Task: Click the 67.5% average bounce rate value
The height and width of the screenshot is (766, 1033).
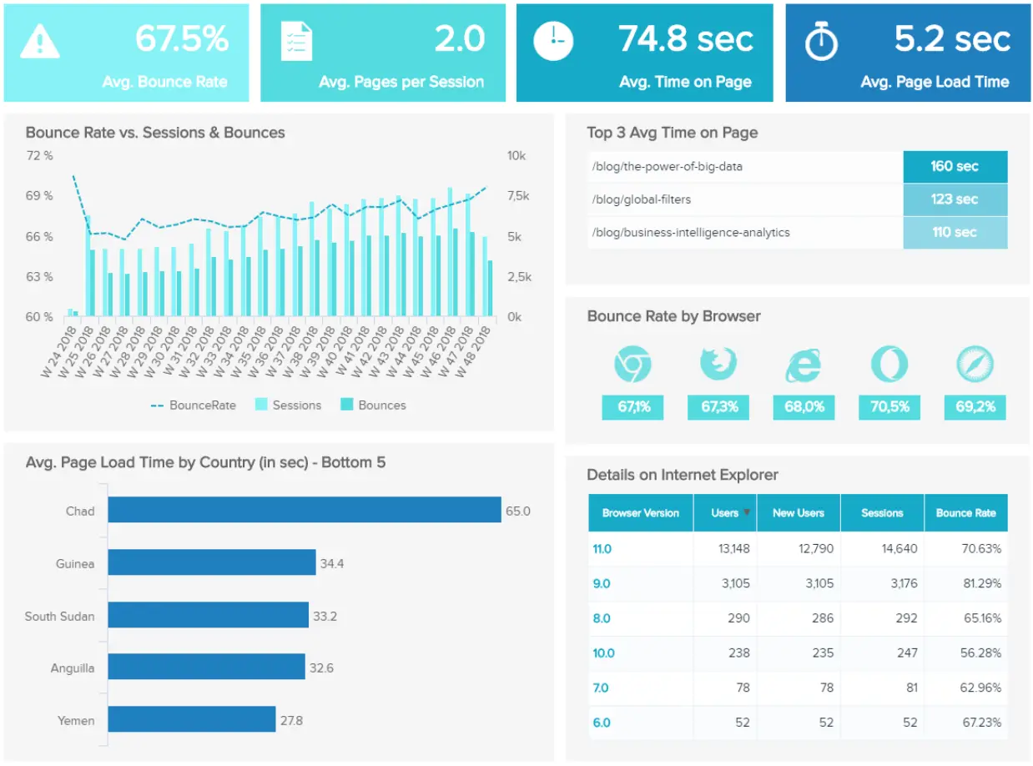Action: point(181,39)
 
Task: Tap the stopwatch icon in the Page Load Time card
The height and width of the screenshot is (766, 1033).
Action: point(820,42)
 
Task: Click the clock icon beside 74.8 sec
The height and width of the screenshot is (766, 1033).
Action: point(553,42)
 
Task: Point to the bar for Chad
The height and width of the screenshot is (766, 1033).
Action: point(305,510)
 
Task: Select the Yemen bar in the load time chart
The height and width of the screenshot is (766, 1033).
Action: point(192,719)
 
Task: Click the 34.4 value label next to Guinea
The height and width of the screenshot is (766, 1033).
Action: point(331,563)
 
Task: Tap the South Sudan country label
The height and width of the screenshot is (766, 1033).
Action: point(59,616)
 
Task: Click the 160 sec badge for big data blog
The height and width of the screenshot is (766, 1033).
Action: point(955,166)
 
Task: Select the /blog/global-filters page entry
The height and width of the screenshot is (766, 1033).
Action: point(641,199)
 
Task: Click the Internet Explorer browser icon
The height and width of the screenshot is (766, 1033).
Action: point(803,365)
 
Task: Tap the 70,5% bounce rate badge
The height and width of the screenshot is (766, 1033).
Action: point(889,407)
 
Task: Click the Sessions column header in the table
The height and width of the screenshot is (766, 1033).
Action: point(882,513)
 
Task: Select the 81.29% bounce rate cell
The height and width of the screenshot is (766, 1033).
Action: point(981,583)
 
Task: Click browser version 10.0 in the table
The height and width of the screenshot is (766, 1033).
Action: point(603,653)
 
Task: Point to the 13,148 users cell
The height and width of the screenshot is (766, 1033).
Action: point(734,548)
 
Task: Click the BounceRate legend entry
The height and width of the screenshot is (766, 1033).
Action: point(193,405)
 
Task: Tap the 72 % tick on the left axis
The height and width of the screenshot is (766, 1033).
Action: point(38,156)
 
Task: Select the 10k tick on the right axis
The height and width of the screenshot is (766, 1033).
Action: point(516,156)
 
